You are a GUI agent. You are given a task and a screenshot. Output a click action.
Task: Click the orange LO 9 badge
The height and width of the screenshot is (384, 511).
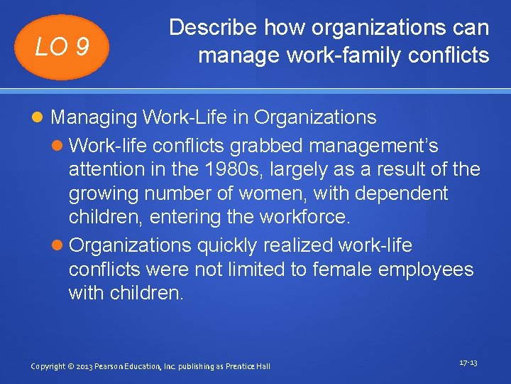[x=63, y=47]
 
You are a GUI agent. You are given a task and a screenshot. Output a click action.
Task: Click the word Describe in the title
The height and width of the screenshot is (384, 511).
[x=214, y=28]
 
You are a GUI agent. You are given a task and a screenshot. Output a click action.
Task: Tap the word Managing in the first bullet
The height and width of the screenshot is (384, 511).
[x=94, y=117]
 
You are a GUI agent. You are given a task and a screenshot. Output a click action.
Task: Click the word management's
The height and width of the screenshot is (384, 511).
[x=373, y=146]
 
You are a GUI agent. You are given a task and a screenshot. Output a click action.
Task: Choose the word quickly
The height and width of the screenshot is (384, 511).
[x=229, y=246]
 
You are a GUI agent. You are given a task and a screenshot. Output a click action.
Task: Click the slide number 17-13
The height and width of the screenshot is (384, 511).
[x=468, y=363]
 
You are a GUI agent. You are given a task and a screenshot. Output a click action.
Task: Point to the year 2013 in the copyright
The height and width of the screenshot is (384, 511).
[x=87, y=366]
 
